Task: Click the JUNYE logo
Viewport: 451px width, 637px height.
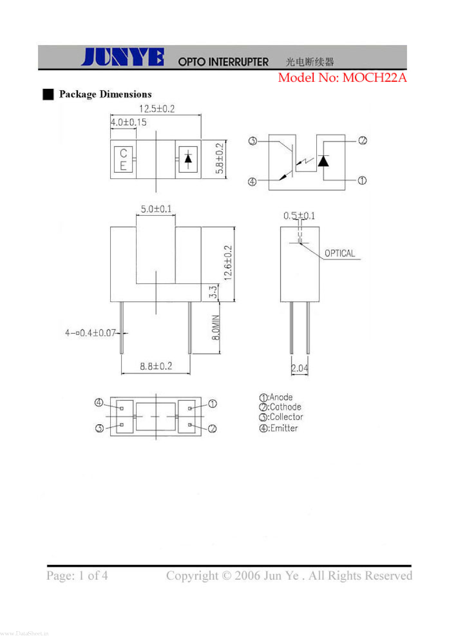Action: pyautogui.click(x=122, y=57)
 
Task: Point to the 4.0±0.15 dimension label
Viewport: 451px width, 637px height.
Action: pyautogui.click(x=128, y=122)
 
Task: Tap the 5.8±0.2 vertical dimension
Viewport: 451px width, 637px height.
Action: pyautogui.click(x=219, y=159)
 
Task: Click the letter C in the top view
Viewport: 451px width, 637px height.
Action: pyautogui.click(x=123, y=153)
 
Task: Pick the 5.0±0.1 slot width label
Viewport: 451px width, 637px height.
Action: pyautogui.click(x=156, y=209)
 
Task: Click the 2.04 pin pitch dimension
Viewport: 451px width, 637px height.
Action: pyautogui.click(x=299, y=368)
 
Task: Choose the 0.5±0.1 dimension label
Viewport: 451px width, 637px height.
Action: pyautogui.click(x=299, y=216)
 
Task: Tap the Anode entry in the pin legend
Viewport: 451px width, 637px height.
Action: pyautogui.click(x=276, y=397)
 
